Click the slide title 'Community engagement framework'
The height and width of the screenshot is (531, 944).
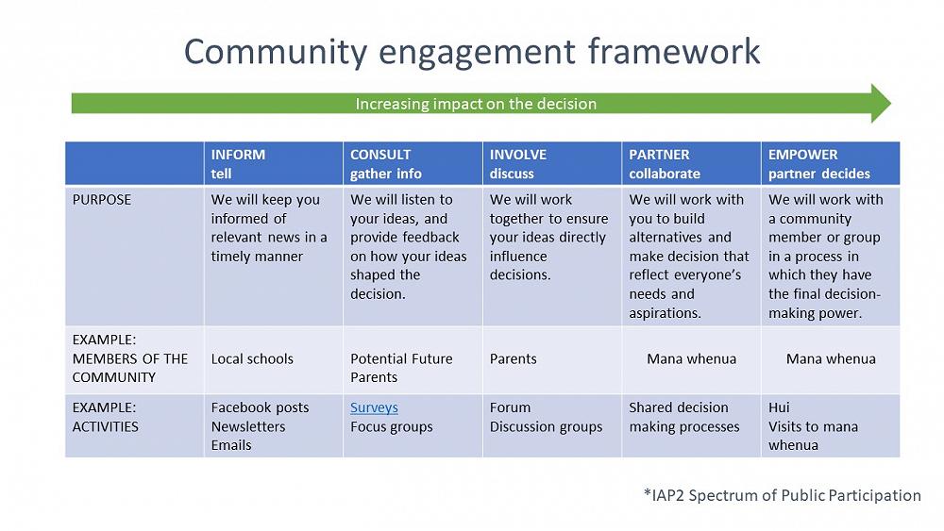click(471, 51)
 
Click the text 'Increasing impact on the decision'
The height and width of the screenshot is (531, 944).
click(476, 104)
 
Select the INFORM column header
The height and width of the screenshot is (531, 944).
click(238, 163)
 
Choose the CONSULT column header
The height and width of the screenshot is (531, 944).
click(385, 163)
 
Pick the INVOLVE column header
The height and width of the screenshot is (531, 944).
click(517, 163)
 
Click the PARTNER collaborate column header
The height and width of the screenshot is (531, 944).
click(665, 163)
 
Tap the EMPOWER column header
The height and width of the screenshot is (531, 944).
click(818, 163)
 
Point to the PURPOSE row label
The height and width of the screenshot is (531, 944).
click(102, 200)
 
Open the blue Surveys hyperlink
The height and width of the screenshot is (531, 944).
click(374, 407)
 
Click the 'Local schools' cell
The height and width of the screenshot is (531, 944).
click(252, 358)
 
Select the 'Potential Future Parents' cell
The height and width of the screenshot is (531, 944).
click(401, 368)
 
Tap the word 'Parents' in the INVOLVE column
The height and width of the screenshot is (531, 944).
click(513, 358)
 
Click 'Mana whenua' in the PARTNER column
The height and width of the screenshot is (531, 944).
click(691, 358)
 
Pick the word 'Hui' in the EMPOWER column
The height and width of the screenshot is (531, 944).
click(780, 407)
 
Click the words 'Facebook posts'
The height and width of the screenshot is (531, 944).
click(260, 407)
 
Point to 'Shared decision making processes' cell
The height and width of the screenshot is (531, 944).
click(683, 417)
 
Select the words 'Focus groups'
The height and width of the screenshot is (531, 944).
click(391, 426)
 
